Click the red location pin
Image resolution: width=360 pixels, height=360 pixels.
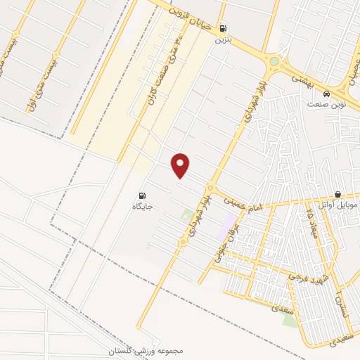tap(181, 166)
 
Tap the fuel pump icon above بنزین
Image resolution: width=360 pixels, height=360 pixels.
tap(224, 29)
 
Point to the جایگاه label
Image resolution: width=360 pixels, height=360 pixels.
tap(143, 207)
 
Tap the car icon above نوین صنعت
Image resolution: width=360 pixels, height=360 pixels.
tap(327, 93)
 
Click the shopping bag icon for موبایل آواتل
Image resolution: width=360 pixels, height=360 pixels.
tap(338, 194)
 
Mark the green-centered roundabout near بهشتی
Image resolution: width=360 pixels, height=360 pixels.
tap(274, 62)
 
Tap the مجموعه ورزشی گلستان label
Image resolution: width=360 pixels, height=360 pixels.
tap(146, 350)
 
